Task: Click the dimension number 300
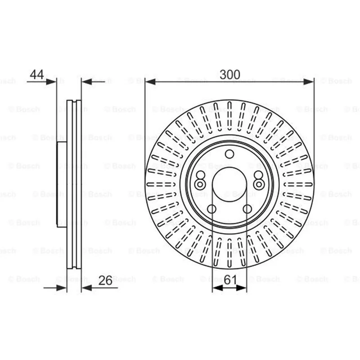click(x=230, y=74)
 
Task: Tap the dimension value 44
click(x=37, y=74)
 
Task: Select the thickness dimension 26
click(x=105, y=280)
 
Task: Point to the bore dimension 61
click(x=230, y=279)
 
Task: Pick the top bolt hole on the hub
click(x=229, y=154)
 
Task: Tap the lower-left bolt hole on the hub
click(x=211, y=209)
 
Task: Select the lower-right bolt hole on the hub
click(x=247, y=209)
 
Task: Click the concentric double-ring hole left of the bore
click(x=200, y=184)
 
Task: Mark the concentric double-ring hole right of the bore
click(x=259, y=184)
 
